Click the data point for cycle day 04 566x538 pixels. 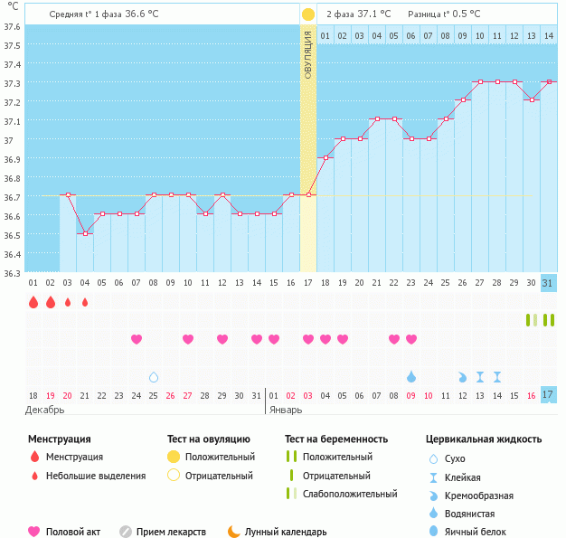click(85, 233)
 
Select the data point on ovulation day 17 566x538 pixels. click(308, 194)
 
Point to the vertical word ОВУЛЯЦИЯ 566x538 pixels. click(308, 54)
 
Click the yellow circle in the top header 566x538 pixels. click(308, 14)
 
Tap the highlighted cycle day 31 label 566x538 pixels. click(548, 283)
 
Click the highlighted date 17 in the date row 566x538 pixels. click(548, 395)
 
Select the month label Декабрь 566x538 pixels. click(45, 410)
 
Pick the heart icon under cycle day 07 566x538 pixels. click(137, 339)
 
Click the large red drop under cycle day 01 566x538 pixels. click(33, 302)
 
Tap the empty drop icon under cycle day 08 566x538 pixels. click(154, 376)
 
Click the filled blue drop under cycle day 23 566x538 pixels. click(411, 376)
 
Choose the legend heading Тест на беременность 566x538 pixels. click(336, 439)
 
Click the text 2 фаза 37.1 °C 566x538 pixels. click(359, 14)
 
